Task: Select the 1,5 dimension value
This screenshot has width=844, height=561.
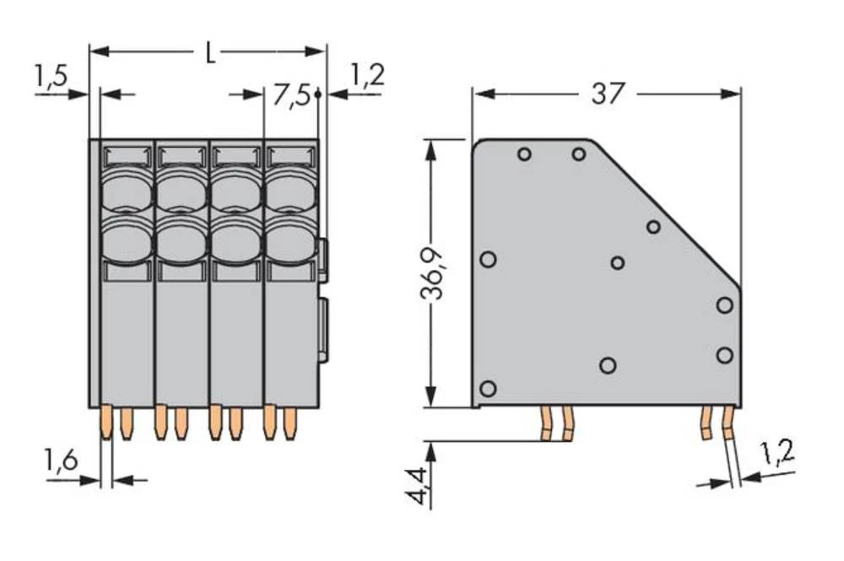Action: coord(51,77)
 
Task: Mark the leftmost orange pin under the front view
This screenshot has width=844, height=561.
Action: coord(105,422)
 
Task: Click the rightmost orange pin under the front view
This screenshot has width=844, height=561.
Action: coord(290,422)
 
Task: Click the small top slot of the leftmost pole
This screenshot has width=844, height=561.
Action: coord(127,155)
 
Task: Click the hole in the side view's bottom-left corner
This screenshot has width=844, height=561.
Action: coord(487,389)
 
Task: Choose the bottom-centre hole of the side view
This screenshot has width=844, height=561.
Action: coord(607,365)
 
